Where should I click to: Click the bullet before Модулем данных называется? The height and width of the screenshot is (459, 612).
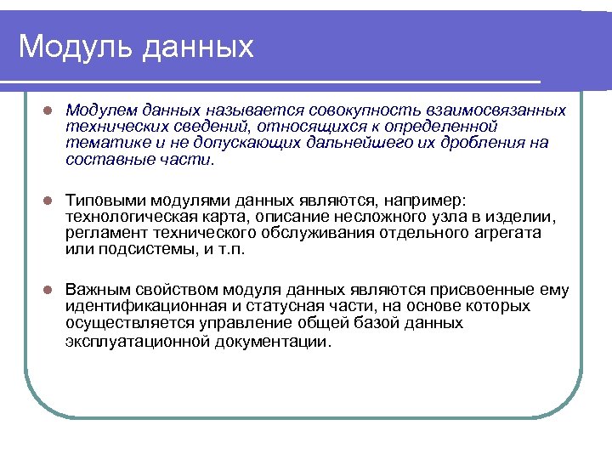(48, 111)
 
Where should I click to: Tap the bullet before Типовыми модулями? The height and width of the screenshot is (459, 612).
(48, 201)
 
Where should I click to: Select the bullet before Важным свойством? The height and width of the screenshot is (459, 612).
(48, 290)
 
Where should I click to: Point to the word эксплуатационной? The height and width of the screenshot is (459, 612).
(132, 340)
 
